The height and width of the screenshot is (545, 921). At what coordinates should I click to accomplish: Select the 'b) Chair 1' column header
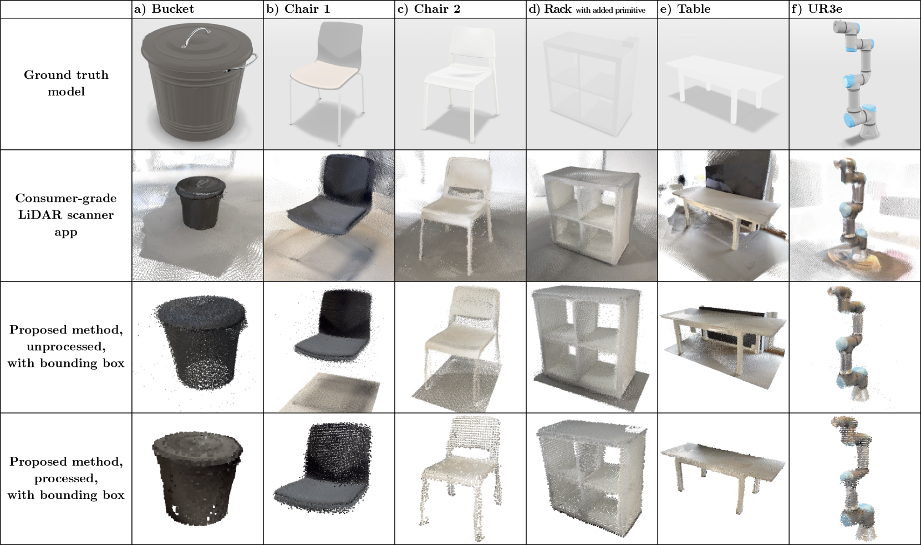298,9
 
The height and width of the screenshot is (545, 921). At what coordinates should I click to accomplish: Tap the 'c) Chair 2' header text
429,9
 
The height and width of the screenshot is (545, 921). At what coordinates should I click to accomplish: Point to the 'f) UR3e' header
817,9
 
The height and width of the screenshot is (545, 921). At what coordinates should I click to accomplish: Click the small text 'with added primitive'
610,11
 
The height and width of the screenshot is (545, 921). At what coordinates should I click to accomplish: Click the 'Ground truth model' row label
66,83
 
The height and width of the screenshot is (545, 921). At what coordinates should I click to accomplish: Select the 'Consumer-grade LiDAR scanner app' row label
66,215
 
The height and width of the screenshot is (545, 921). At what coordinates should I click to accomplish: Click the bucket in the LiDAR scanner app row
200,208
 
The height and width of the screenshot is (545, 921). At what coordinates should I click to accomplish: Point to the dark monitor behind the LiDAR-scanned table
735,174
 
